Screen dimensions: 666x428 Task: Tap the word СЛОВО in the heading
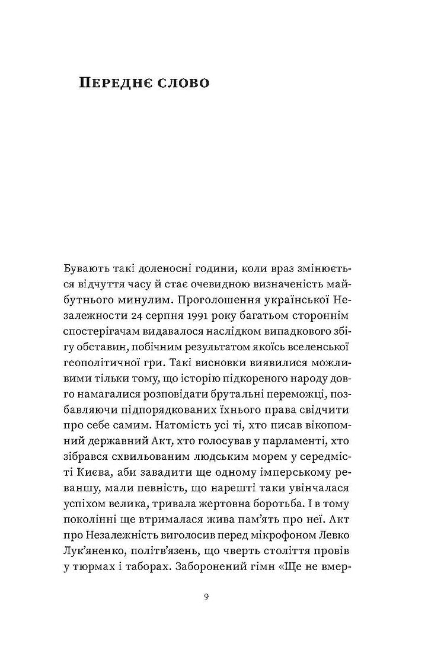coord(181,82)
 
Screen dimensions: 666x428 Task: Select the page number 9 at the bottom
coord(205,597)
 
